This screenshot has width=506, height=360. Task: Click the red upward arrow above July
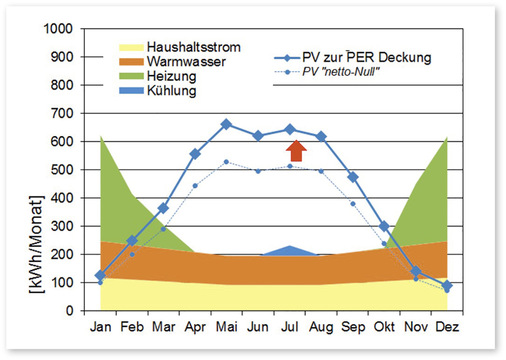[x=295, y=150]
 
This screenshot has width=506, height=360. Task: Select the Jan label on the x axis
[x=101, y=327]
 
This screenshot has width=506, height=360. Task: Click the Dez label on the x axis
[x=447, y=327]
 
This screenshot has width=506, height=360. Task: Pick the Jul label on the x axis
[x=290, y=327]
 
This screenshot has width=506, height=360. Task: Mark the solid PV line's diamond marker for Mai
[x=226, y=124]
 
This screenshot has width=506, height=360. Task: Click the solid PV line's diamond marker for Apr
[x=195, y=154]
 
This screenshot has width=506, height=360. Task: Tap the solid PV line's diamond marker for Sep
[x=353, y=177]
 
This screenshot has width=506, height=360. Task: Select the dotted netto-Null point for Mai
[x=226, y=162]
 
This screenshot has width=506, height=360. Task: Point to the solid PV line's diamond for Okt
[x=384, y=226]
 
